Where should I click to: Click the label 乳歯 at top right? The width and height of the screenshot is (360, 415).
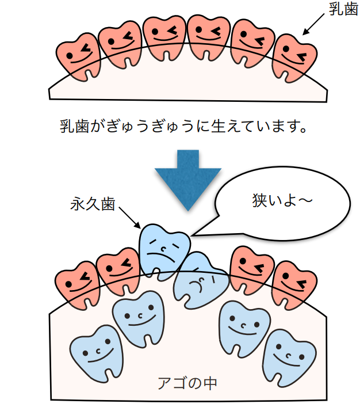342,10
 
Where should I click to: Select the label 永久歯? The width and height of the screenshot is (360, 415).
93,204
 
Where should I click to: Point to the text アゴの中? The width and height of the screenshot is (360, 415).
187,382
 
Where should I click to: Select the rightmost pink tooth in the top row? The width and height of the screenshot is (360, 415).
295,55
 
